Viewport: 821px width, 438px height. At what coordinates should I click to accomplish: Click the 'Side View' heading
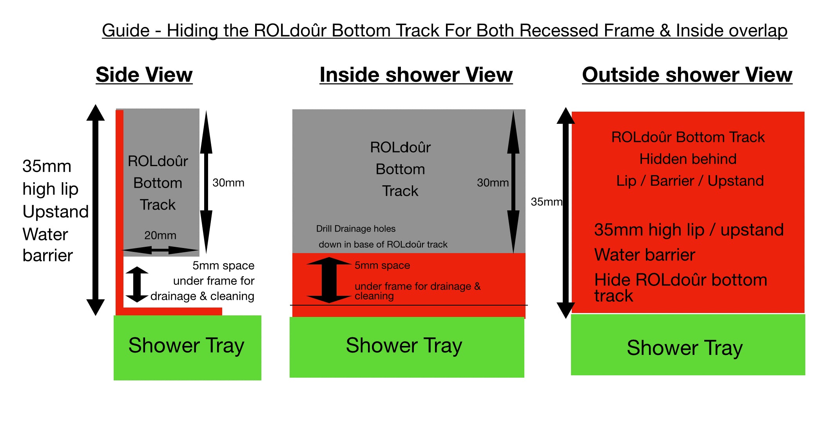click(144, 74)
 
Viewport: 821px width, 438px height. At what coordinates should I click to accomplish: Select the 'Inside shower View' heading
click(416, 74)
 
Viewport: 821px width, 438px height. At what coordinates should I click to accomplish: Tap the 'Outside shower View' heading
click(687, 74)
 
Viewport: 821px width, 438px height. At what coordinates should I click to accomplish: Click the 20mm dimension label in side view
click(160, 235)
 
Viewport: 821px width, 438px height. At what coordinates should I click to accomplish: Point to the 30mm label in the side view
click(228, 183)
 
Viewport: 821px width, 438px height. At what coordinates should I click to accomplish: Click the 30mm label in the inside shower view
click(493, 183)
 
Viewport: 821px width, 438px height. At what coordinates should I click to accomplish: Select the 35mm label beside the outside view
click(546, 202)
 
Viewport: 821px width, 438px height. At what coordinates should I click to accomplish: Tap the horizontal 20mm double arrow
click(160, 250)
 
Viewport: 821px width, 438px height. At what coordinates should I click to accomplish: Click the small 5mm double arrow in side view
click(137, 284)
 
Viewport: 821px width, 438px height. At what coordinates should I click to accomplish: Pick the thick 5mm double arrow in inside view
click(329, 280)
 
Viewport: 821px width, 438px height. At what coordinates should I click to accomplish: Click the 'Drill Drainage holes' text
click(356, 229)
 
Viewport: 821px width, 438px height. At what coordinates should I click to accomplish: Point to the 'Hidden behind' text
click(688, 159)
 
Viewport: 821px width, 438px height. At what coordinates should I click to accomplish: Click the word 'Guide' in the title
click(126, 31)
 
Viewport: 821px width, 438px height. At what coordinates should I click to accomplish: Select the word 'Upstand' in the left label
click(56, 212)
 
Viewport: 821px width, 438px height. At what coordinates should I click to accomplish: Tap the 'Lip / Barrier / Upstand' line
click(690, 181)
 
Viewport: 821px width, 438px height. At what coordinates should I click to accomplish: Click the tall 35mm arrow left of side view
click(96, 210)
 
